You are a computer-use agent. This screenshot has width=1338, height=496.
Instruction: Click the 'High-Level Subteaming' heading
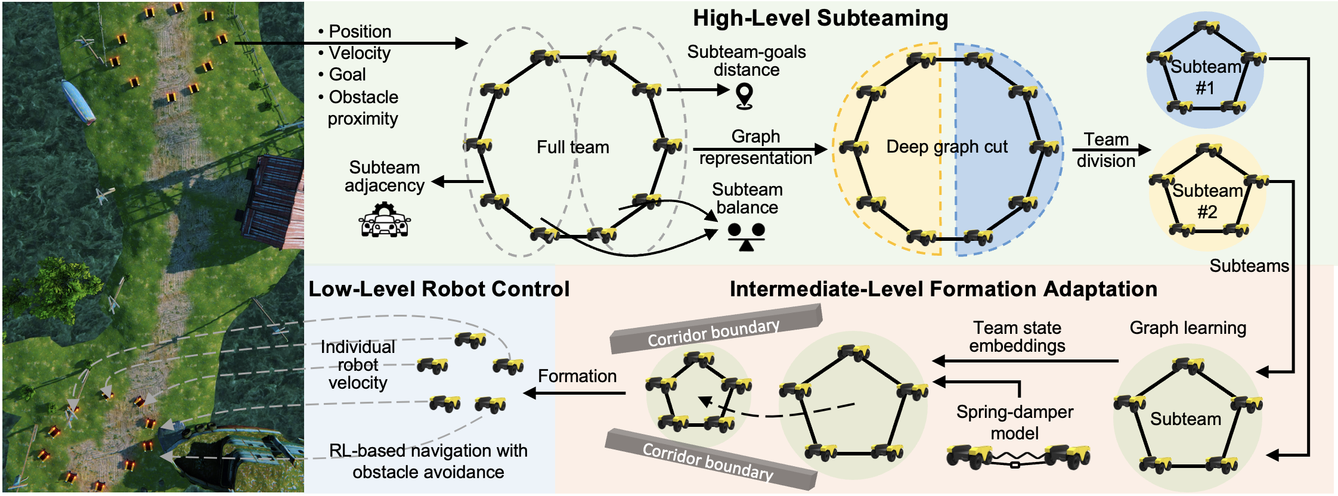[820, 18]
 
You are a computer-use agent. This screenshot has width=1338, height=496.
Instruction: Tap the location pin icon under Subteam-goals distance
[744, 95]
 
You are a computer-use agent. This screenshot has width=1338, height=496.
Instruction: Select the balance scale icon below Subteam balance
[746, 237]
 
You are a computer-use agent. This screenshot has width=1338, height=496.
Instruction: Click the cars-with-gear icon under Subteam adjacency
[385, 220]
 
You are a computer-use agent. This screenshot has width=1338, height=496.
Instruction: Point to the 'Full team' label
[572, 147]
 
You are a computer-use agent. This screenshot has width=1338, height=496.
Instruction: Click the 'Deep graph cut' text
[946, 147]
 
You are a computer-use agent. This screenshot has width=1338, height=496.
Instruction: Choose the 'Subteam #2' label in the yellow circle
[1207, 201]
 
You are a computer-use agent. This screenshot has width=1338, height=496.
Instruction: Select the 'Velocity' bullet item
[360, 53]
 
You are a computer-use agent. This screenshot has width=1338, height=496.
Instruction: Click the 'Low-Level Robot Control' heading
[438, 289]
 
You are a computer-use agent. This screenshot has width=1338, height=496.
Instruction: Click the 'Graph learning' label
[1187, 328]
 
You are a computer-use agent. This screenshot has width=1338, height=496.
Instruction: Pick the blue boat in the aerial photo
[78, 101]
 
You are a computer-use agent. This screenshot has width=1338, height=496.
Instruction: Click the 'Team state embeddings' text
[1017, 337]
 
